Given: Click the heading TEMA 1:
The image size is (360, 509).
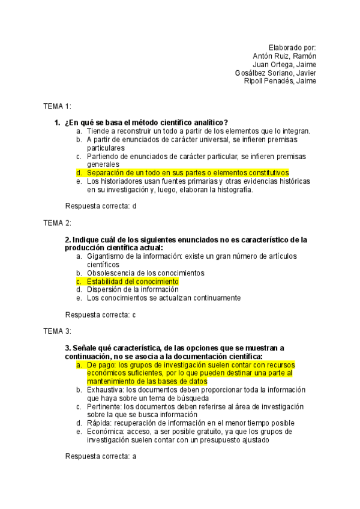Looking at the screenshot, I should pos(57,106).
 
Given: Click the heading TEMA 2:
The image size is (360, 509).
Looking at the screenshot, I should pos(57,223).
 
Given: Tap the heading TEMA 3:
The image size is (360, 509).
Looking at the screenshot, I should pos(57,331).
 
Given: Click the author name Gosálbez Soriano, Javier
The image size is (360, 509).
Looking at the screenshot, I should pos(276,73).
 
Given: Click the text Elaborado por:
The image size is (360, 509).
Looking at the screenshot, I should pos(292,48).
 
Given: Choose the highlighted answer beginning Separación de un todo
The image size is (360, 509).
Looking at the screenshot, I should pos(187,173).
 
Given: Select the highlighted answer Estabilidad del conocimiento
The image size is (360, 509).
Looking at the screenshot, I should pos(132,281).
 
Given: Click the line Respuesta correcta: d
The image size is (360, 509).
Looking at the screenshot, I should pos(101,206).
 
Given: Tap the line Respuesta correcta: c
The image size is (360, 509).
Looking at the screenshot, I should pos(101,315).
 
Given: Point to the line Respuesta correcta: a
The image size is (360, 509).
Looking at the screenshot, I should pos(101,456).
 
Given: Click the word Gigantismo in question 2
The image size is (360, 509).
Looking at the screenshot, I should pos(106,256).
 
